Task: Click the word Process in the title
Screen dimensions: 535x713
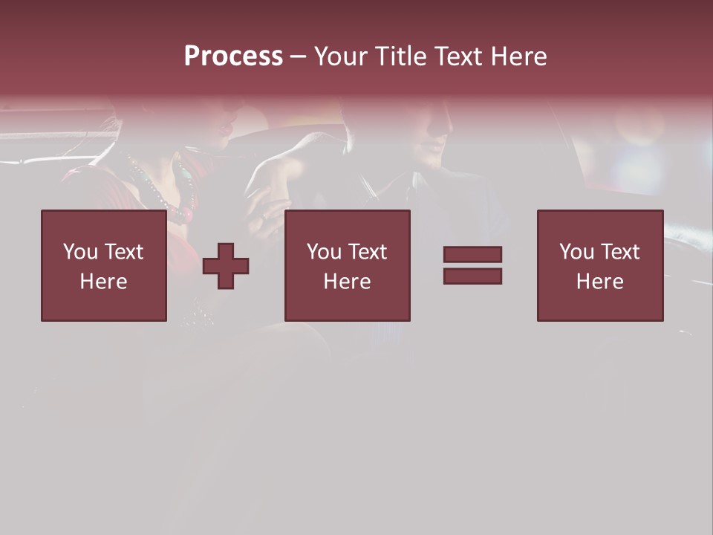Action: click(233, 56)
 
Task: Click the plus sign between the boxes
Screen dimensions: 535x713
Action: click(226, 266)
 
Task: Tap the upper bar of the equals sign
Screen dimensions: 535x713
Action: click(472, 254)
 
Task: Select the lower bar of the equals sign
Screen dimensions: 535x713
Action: click(472, 276)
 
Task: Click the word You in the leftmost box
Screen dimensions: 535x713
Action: click(80, 252)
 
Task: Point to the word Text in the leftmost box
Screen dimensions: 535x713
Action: click(123, 252)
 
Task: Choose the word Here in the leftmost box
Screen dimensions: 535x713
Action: click(103, 282)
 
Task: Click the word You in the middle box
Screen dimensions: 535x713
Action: click(324, 252)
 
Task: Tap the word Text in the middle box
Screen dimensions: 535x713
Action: click(366, 252)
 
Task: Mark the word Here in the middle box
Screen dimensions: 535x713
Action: click(347, 282)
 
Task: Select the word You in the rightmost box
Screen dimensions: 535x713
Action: click(576, 252)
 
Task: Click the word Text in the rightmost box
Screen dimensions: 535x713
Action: click(619, 252)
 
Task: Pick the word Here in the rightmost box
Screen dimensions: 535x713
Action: click(599, 282)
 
